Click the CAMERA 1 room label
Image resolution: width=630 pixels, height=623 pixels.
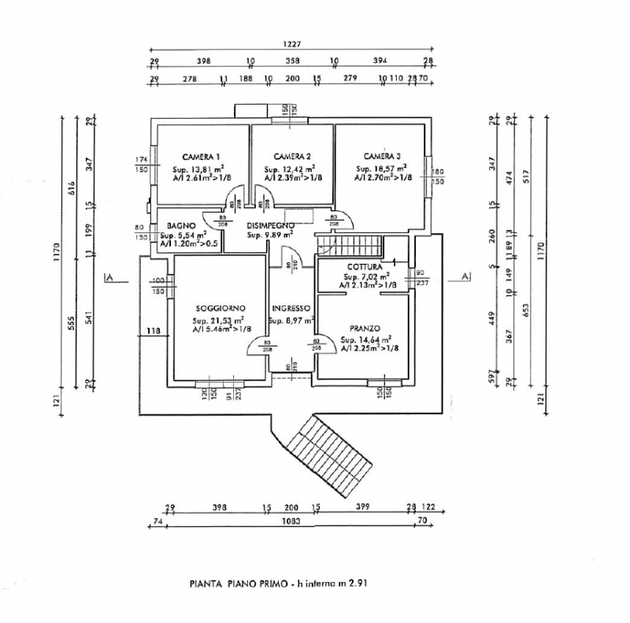(x=201, y=155)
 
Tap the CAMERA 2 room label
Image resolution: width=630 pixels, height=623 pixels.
(x=291, y=155)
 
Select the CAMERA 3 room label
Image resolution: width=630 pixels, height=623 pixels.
(x=382, y=155)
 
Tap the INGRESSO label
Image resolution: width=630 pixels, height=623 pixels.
(x=291, y=308)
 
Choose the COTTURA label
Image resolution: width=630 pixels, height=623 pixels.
(x=363, y=267)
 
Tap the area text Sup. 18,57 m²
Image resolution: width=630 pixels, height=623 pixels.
(x=381, y=169)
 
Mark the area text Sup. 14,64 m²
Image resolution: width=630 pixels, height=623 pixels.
(x=365, y=340)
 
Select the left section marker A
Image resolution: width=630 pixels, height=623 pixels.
(x=110, y=276)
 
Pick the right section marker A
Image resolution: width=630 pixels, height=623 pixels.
(x=465, y=276)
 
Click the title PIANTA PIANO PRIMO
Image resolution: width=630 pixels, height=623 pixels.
(x=237, y=584)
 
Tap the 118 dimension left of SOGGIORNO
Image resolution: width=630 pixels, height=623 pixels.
(x=153, y=332)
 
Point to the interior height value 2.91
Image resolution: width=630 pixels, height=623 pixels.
(x=360, y=584)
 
